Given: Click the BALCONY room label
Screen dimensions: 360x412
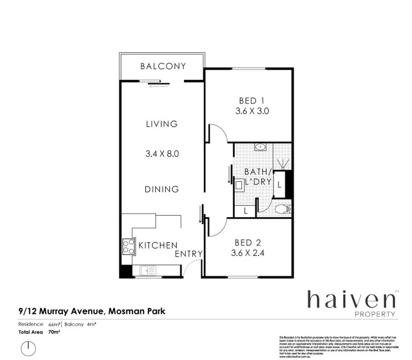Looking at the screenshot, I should point(163,66).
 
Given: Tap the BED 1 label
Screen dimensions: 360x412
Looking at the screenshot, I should point(252,101).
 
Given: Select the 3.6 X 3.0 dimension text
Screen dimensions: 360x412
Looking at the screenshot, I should point(252,111).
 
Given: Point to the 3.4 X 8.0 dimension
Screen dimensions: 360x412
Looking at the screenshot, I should point(162,154).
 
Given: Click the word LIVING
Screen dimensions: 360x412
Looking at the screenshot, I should point(162,124).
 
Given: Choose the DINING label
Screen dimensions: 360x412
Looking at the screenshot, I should point(162,189).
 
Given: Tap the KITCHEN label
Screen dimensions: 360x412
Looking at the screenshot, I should point(158,245).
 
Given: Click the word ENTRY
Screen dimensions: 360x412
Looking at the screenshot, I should point(188,254).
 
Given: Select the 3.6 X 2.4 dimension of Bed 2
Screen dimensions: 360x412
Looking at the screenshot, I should point(248,253).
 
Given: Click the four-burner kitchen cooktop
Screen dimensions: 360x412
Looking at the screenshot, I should point(128,247).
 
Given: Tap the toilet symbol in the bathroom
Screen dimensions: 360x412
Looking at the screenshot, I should point(283,209).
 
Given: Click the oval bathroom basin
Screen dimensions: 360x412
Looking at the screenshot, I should point(260,147).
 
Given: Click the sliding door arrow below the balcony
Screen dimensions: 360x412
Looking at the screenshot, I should point(159,86).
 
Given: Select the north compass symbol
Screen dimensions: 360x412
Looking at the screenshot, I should point(28,348).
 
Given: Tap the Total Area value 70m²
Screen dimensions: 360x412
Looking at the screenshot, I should point(54,332).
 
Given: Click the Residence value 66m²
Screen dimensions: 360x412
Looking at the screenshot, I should point(54,324).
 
